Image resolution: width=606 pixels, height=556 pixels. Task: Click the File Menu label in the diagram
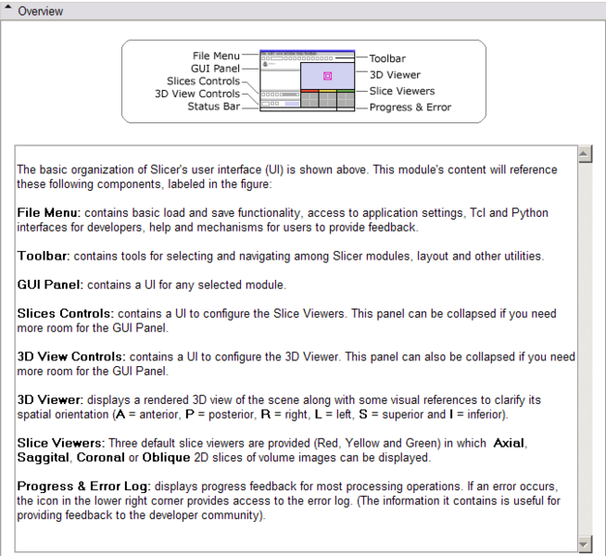pos(215,57)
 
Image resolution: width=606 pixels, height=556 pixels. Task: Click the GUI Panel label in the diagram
pos(216,69)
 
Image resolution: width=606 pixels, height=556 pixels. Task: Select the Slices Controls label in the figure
pos(203,82)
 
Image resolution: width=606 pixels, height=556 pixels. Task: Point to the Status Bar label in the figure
pos(213,107)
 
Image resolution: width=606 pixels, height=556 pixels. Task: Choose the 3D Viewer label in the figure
pos(396,74)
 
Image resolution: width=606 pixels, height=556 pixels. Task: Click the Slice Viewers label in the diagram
pos(402,91)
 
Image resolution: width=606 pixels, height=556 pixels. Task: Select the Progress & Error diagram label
pos(410,107)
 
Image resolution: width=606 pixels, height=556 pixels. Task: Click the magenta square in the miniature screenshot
pos(328,76)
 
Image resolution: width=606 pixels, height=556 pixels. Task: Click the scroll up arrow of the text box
pos(585,153)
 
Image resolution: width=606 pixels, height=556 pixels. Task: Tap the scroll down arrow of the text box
pos(585,544)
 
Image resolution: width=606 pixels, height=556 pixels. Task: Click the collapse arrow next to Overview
pos(8,11)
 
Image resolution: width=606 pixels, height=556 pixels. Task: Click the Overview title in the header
pos(41,11)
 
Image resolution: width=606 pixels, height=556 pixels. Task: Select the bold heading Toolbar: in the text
pos(44,256)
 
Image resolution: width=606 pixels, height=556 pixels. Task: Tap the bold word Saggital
pos(44,457)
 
